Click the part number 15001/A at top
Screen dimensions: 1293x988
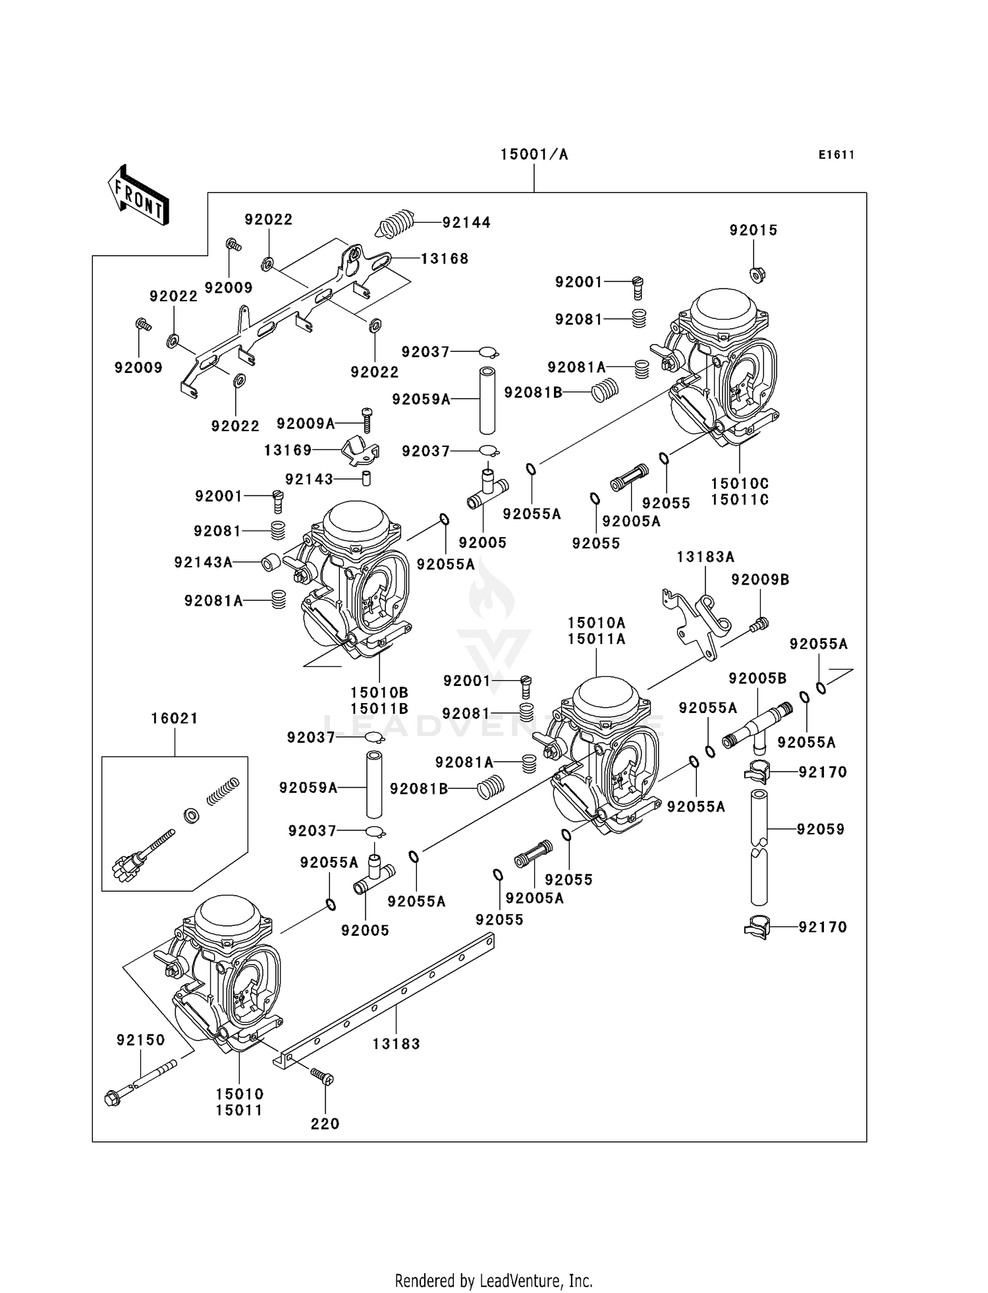[534, 155]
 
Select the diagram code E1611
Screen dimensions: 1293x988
[836, 155]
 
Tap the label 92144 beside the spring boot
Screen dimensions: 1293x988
[466, 223]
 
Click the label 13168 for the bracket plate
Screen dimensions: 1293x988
[445, 259]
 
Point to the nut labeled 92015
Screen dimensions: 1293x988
[757, 274]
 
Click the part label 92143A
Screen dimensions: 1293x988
[203, 563]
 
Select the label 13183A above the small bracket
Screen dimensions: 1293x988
[705, 558]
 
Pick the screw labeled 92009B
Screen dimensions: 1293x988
[760, 623]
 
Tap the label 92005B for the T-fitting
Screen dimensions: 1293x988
[757, 678]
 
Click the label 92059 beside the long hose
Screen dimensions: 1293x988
[820, 830]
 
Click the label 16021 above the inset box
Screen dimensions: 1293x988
[175, 719]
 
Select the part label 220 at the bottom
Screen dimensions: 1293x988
[325, 1124]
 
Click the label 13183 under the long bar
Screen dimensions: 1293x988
[396, 1044]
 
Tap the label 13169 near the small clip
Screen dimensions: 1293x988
[288, 451]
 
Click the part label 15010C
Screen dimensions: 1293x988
[740, 484]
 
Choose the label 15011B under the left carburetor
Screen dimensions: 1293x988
[379, 709]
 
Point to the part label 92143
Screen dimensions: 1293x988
[309, 480]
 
